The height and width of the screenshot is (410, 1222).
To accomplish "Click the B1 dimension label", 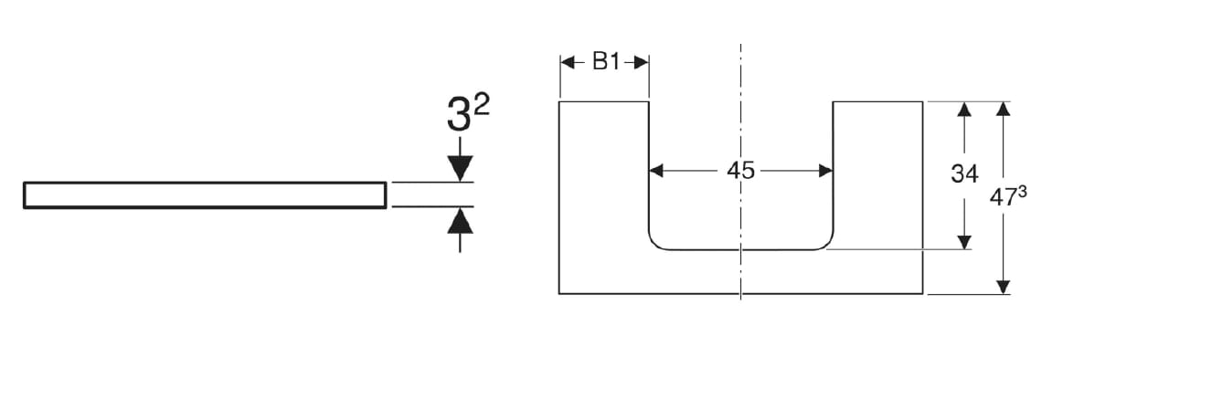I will (x=606, y=62).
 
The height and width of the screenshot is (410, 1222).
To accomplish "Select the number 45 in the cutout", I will (x=740, y=171).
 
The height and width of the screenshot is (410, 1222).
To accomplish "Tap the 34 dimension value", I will (x=964, y=173).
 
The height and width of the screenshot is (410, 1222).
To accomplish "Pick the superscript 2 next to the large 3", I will (x=482, y=103).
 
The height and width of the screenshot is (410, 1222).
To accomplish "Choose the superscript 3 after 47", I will (x=1022, y=192).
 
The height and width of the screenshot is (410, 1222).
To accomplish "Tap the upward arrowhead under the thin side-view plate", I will (x=460, y=220).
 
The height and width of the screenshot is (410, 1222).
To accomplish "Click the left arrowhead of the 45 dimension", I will (x=656, y=171).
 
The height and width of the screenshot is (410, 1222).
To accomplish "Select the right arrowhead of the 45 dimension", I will (x=825, y=171).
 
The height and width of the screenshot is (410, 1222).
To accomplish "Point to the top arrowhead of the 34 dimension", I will (x=963, y=110).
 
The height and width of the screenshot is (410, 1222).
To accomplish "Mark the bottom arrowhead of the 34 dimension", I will (x=963, y=241).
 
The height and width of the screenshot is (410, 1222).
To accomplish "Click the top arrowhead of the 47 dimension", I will (x=1003, y=110).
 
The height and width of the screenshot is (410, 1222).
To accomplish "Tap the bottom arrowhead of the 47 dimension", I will (x=1003, y=287).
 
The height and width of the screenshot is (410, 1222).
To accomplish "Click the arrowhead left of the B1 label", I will (x=567, y=62).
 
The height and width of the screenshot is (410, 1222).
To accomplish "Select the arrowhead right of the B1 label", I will (x=642, y=62).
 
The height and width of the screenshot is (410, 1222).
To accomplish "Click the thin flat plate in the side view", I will (x=205, y=195).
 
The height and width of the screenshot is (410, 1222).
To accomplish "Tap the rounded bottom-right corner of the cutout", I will (x=827, y=243).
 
